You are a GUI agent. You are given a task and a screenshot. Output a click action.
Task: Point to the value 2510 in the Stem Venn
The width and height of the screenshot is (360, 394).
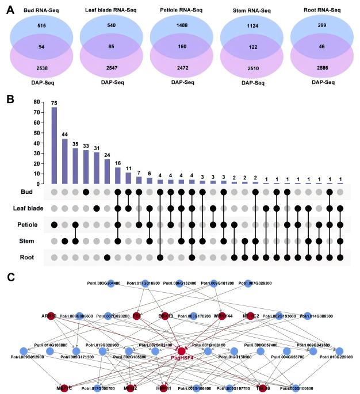(x=250, y=69)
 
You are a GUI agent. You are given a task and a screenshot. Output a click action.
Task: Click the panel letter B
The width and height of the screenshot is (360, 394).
(x=8, y=99)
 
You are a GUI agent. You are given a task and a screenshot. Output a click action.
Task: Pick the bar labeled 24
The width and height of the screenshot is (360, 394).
(x=106, y=171)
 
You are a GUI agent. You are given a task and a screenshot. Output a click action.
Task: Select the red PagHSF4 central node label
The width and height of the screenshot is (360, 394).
(x=182, y=358)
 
